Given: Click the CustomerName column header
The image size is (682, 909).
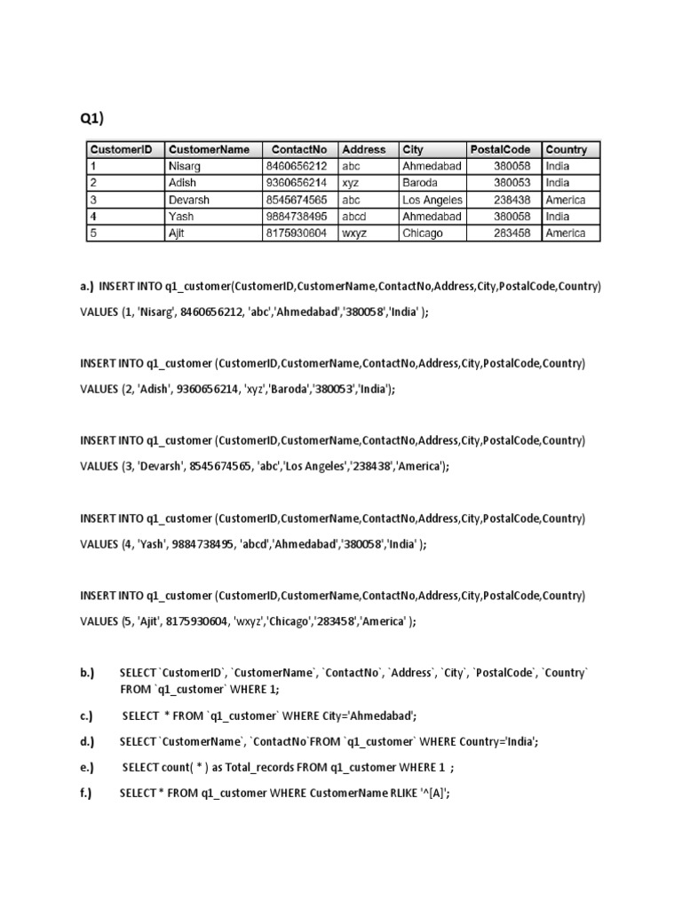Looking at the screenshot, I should (209, 149).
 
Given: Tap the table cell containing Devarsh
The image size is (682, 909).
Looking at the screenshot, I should (189, 200).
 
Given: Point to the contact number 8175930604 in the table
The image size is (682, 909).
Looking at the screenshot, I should (296, 233).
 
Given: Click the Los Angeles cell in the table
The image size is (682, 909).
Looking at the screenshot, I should (432, 200).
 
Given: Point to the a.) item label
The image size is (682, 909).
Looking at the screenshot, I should (86, 287).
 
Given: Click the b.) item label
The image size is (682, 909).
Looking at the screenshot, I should (86, 673).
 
